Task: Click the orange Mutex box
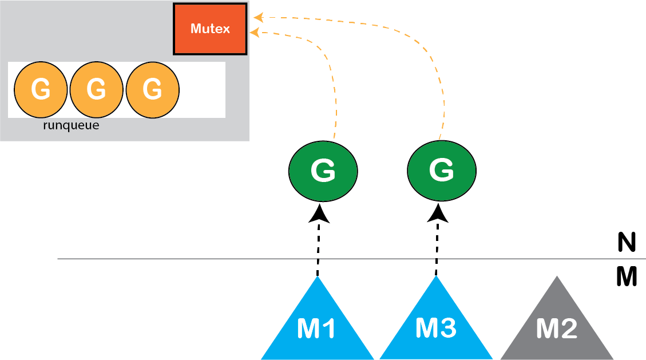tap(210, 29)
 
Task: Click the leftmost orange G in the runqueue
tap(40, 89)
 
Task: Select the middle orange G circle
tap(96, 89)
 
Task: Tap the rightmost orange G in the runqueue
tap(152, 89)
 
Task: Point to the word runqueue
tap(71, 125)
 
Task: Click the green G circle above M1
tap(323, 171)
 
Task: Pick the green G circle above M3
tap(441, 171)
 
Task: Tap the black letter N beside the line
tap(627, 243)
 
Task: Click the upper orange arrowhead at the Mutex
tap(258, 18)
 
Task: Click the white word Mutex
tap(210, 27)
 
